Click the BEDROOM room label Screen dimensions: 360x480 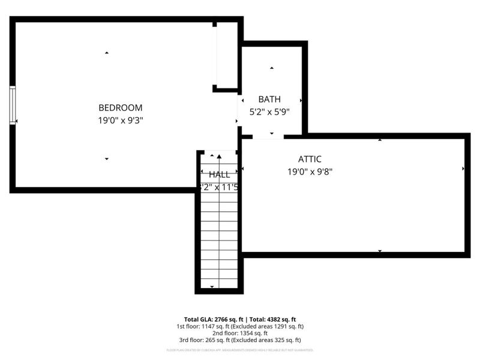coord(120,108)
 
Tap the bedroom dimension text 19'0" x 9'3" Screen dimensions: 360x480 coord(120,120)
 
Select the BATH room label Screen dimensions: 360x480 coord(269,99)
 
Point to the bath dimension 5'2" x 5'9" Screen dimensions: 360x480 coord(269,111)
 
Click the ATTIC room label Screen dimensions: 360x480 coord(310,159)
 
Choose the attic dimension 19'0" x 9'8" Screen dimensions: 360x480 coord(310,171)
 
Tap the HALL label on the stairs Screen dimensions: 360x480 coord(219,175)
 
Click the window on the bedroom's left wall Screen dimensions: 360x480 coord(12,106)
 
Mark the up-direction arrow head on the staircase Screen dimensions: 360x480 coord(219,157)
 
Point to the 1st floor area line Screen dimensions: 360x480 coord(240,326)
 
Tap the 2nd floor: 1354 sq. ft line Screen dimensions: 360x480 coord(240,333)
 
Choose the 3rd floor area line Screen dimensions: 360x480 coord(240,340)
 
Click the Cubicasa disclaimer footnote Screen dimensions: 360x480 coord(240,349)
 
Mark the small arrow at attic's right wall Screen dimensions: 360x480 coord(463,169)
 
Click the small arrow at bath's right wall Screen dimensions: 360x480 coord(301,101)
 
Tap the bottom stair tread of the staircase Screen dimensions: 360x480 coord(219,283)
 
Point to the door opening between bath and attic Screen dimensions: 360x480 coord(268,137)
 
